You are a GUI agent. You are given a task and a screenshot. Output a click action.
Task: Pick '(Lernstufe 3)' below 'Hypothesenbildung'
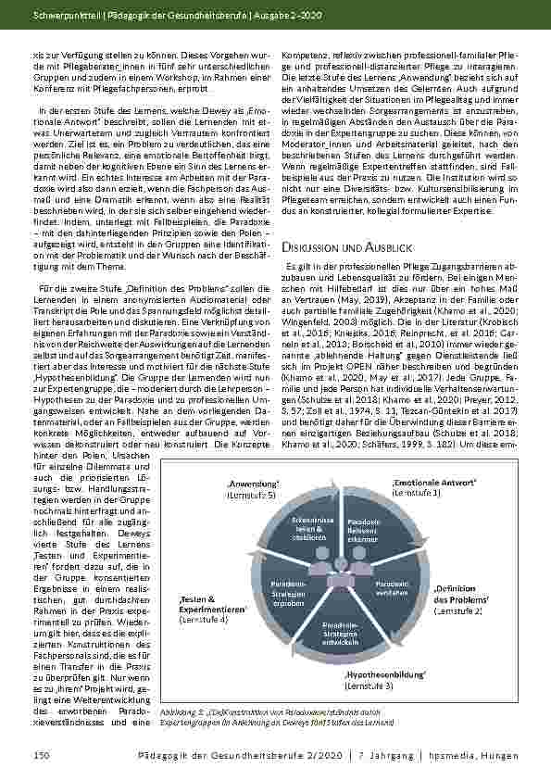click(x=369, y=686)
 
